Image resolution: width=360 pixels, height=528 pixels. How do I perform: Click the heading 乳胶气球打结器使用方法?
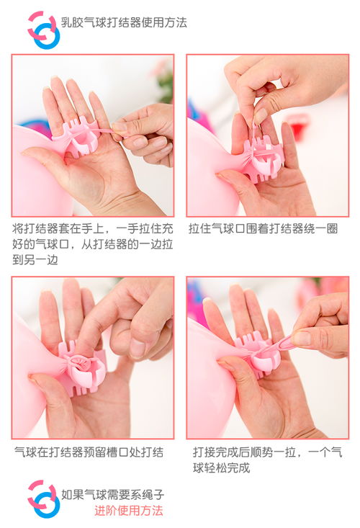click(124, 22)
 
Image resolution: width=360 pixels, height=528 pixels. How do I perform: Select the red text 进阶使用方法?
click(129, 511)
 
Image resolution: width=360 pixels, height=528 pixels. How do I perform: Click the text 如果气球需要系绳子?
click(113, 494)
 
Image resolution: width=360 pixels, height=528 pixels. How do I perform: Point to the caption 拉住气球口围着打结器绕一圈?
click(263, 228)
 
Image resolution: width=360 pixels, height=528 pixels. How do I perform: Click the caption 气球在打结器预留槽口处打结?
click(89, 452)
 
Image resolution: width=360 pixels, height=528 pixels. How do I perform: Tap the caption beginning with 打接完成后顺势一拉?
click(267, 460)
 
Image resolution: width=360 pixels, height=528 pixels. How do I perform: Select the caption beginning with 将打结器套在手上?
click(93, 244)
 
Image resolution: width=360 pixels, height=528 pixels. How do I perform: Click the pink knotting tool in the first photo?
click(78, 139)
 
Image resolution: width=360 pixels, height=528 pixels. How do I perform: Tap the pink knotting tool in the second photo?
click(263, 159)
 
